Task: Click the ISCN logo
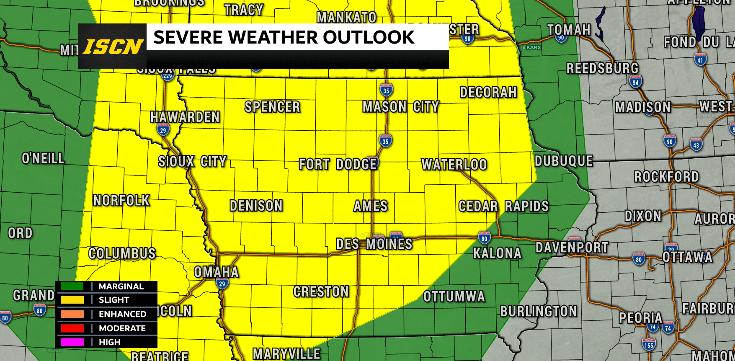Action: pyautogui.click(x=113, y=46)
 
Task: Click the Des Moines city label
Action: pyautogui.click(x=374, y=244)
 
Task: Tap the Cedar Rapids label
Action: pyautogui.click(x=503, y=206)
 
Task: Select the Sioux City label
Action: pyautogui.click(x=192, y=162)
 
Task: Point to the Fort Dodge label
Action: pyautogui.click(x=338, y=164)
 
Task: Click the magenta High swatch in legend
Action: pyautogui.click(x=72, y=342)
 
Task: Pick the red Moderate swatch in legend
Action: pyautogui.click(x=72, y=328)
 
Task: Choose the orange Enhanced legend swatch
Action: pyautogui.click(x=72, y=314)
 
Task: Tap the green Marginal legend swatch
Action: pyautogui.click(x=72, y=286)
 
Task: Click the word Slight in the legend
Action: pyautogui.click(x=114, y=300)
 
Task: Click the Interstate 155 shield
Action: pyautogui.click(x=649, y=345)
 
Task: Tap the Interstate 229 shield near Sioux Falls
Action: pyautogui.click(x=168, y=76)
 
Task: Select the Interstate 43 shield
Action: pyautogui.click(x=696, y=145)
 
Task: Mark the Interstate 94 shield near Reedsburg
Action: pyautogui.click(x=635, y=82)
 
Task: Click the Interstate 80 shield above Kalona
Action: pyautogui.click(x=484, y=238)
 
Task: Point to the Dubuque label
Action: pyautogui.click(x=564, y=161)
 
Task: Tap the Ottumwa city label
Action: pyautogui.click(x=454, y=297)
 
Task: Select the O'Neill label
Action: pyautogui.click(x=43, y=158)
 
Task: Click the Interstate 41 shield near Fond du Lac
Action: pyautogui.click(x=700, y=60)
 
